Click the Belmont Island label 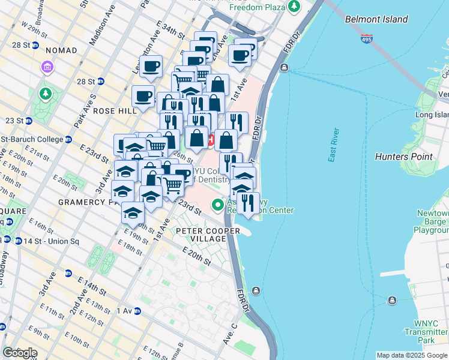[376, 19]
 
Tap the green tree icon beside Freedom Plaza [294, 7]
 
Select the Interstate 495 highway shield [366, 39]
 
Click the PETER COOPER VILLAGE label [200, 235]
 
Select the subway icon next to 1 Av [137, 311]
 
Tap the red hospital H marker [211, 140]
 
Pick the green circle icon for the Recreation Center [218, 205]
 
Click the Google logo [19, 353]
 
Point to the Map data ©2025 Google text [411, 355]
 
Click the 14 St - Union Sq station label [30, 239]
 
